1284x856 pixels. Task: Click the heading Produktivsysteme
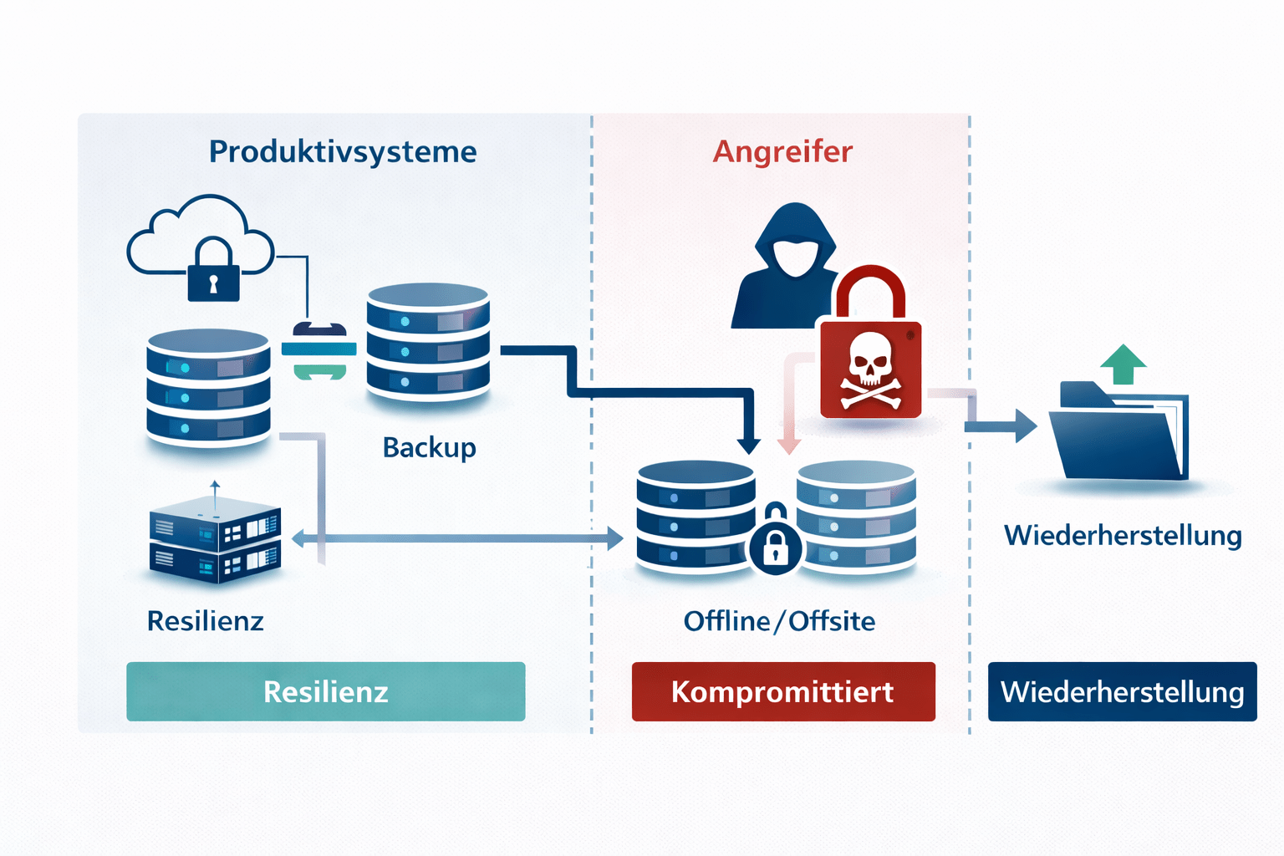click(x=343, y=152)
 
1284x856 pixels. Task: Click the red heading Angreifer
click(x=782, y=152)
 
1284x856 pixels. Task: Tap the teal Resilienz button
click(x=325, y=691)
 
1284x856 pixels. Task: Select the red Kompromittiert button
click(x=783, y=691)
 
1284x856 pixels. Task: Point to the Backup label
click(x=429, y=447)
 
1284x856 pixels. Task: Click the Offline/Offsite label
click(x=779, y=621)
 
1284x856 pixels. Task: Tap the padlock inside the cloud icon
click(x=213, y=272)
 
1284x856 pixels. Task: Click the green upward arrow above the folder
click(x=1123, y=363)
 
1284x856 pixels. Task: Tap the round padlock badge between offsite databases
click(x=775, y=548)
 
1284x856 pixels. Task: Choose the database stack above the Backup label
click(x=427, y=341)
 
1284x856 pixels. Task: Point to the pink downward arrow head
click(x=788, y=445)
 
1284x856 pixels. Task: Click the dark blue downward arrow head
click(x=748, y=445)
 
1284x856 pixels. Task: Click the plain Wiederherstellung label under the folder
click(x=1123, y=536)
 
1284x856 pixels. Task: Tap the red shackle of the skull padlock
click(x=870, y=288)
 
